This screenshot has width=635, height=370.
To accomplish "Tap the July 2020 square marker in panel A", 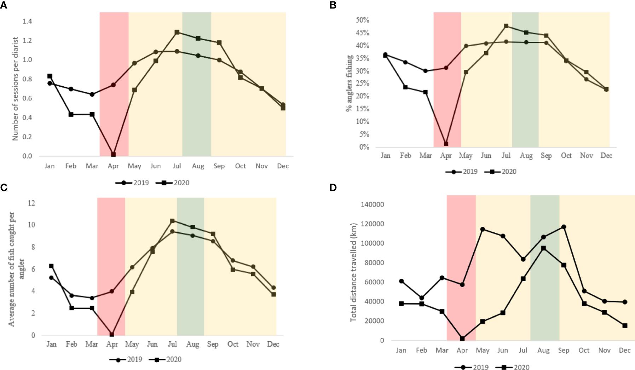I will [177, 32].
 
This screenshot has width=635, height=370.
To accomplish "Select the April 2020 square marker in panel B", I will [446, 144].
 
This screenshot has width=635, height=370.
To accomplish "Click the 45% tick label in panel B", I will [362, 33].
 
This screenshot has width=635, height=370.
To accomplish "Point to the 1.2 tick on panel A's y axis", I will [27, 41].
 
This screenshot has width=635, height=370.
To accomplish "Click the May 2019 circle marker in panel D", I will [483, 229].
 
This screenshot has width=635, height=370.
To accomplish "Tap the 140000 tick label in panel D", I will [372, 204].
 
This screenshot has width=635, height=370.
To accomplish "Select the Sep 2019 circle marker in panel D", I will [564, 227].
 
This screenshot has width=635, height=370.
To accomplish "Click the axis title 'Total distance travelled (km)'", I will [353, 272].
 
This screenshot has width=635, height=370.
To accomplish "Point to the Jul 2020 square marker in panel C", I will [172, 221].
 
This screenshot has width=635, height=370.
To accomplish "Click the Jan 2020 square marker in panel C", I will [51, 266].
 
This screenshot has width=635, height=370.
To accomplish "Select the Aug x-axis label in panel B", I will [526, 156].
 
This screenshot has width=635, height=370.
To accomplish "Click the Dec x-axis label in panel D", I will [625, 350].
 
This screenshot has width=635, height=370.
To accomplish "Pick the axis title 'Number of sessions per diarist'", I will [15, 89].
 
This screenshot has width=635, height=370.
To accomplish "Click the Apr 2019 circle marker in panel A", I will [113, 85].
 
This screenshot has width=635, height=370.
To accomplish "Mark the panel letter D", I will [333, 187].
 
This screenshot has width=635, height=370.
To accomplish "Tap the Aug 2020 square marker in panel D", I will [543, 248].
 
